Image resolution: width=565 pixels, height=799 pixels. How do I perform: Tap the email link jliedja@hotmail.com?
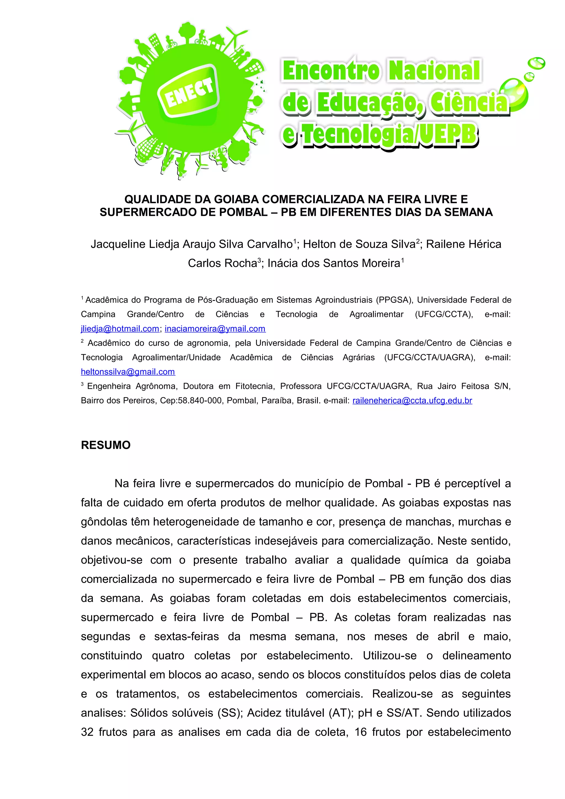pyautogui.click(x=120, y=329)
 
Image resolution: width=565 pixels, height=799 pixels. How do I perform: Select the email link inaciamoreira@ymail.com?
pyautogui.click(x=215, y=329)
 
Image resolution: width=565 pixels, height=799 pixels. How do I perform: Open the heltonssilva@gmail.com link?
pyautogui.click(x=128, y=372)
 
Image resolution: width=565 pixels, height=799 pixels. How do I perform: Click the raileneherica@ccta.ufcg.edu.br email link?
pyautogui.click(x=412, y=401)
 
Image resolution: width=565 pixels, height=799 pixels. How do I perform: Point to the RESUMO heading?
pyautogui.click(x=105, y=445)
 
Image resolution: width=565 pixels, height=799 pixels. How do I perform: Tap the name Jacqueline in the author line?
pyautogui.click(x=118, y=244)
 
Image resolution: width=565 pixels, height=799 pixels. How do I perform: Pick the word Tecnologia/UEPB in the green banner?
pyautogui.click(x=389, y=135)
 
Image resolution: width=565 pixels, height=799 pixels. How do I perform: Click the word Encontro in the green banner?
pyautogui.click(x=331, y=71)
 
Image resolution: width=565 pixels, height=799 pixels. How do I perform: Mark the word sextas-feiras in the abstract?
pyautogui.click(x=186, y=637)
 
